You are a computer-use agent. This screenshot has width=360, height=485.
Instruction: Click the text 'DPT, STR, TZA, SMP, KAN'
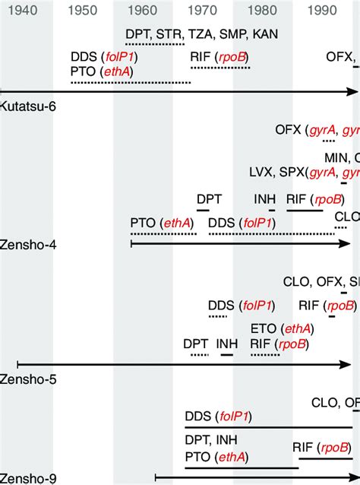tap(201, 34)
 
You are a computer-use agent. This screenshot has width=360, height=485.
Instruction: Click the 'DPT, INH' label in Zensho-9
tap(211, 441)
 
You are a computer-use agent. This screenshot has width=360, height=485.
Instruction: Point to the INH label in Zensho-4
tap(265, 198)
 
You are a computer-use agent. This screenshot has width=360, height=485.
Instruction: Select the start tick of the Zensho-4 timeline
tap(131, 244)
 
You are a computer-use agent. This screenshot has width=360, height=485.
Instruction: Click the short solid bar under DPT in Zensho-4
tap(208, 208)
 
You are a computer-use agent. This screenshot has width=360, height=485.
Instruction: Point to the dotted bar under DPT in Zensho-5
tap(199, 353)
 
